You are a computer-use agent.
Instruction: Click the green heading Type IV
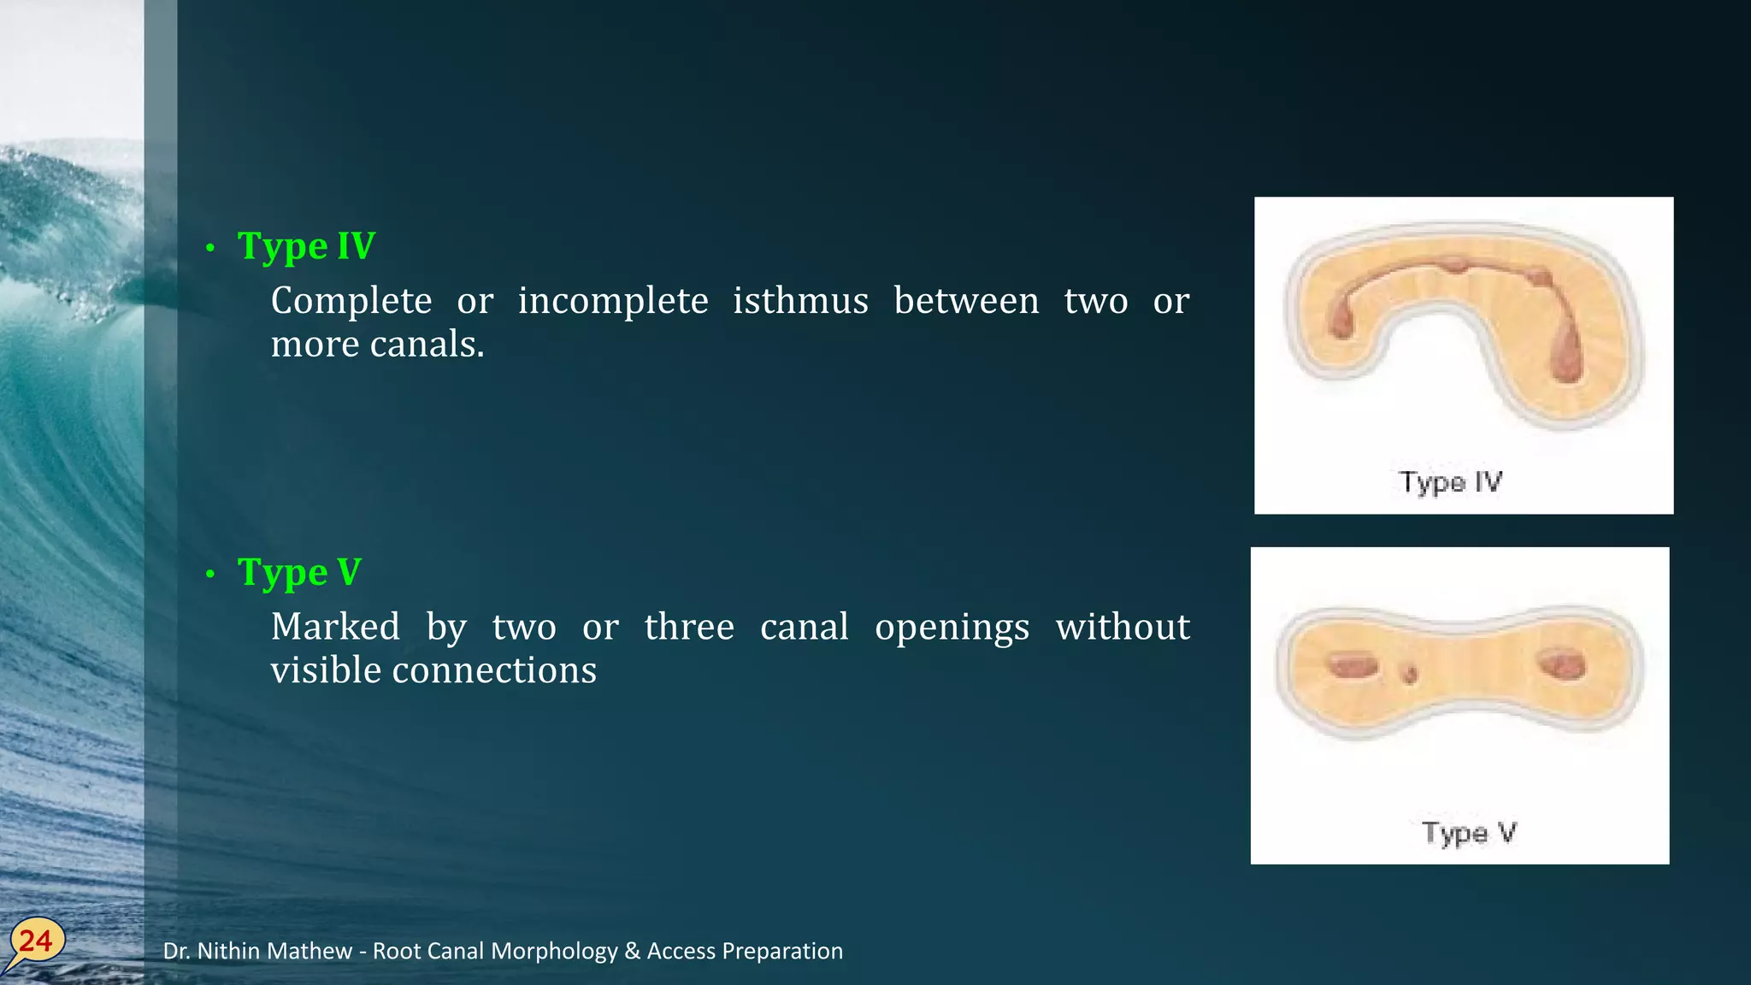tap(306, 246)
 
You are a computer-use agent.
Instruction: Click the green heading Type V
tap(299, 572)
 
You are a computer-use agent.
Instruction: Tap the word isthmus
tap(800, 301)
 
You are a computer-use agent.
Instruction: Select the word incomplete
tap(613, 301)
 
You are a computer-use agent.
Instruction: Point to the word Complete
tap(351, 301)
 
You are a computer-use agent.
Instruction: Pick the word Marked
tap(335, 627)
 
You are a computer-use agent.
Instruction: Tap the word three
tap(689, 627)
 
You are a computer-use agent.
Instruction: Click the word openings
tap(952, 628)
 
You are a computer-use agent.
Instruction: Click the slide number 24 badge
tap(35, 941)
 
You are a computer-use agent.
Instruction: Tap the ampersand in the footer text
tap(633, 951)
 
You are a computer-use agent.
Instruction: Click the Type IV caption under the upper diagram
tap(1450, 482)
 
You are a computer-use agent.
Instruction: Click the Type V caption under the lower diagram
tap(1468, 833)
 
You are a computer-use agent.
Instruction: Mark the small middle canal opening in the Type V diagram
tap(1408, 675)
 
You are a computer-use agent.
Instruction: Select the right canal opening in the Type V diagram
tap(1561, 664)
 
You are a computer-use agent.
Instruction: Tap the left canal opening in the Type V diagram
tap(1351, 664)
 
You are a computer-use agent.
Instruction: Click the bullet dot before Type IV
tap(210, 248)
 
